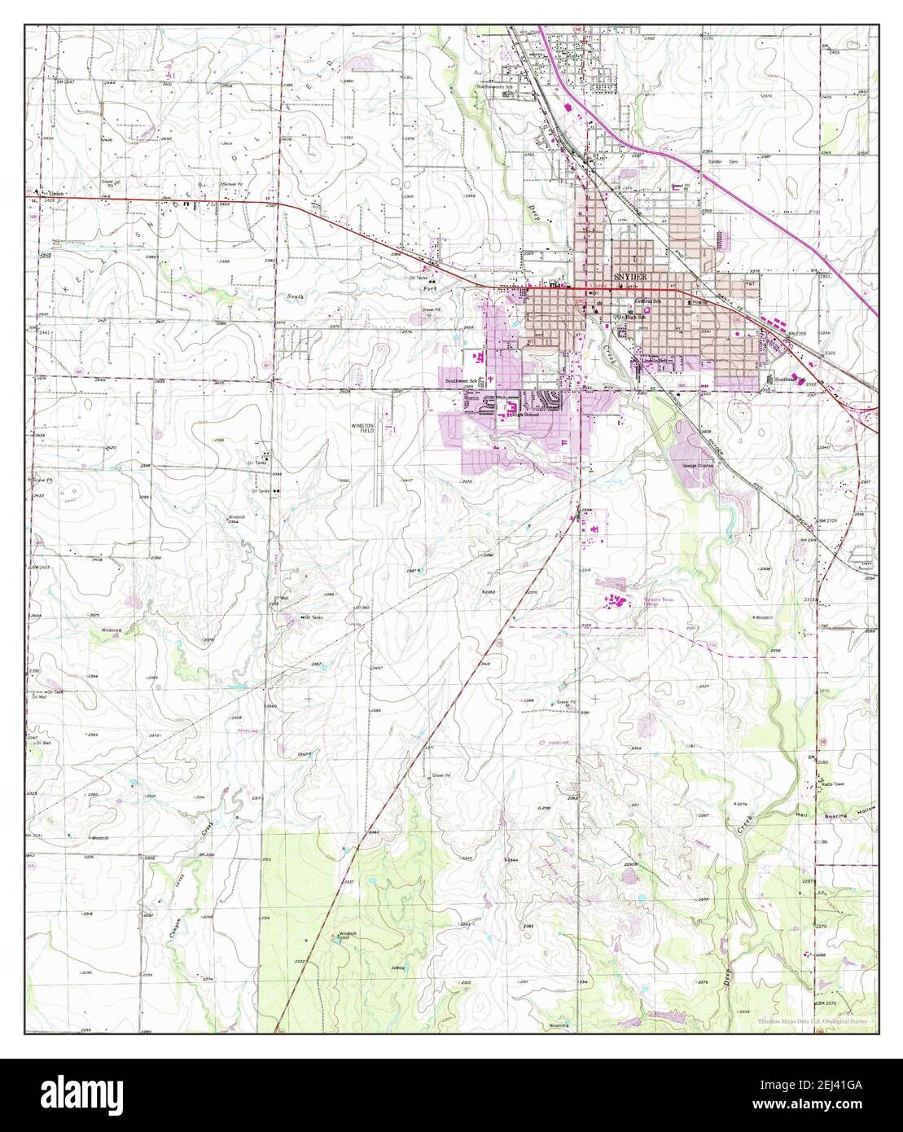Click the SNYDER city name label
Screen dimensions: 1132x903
(x=628, y=278)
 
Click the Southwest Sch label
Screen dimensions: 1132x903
(x=460, y=381)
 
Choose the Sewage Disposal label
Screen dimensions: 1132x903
(x=697, y=466)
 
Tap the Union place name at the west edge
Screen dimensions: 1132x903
(x=55, y=193)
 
